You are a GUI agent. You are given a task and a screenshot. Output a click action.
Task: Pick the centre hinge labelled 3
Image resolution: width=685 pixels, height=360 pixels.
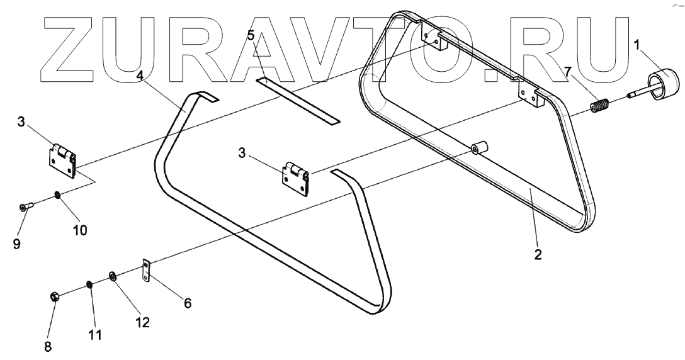point(296,179)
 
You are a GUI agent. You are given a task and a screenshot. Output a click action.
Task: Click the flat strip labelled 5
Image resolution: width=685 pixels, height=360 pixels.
point(299,101)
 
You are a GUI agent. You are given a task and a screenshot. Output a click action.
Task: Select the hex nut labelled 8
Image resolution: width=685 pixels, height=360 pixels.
point(55,296)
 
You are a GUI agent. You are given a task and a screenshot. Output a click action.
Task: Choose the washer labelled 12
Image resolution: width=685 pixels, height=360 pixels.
point(113,276)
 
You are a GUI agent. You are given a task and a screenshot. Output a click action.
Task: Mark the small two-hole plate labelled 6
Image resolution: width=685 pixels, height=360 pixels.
point(147,271)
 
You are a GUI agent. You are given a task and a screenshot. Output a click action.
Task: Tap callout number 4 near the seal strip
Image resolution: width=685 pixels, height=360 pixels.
point(141,75)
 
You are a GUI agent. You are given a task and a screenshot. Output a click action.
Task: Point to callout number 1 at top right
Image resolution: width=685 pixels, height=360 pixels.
point(637,45)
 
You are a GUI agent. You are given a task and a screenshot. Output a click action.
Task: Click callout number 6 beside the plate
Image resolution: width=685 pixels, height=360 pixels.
point(187,303)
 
